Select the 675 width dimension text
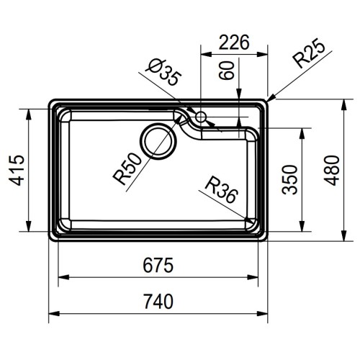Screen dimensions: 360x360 158,266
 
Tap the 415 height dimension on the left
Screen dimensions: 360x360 17,170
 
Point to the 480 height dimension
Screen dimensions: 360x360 330,170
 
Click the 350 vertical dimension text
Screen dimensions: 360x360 289,179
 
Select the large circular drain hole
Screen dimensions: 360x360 158,140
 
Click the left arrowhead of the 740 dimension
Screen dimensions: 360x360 52,314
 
